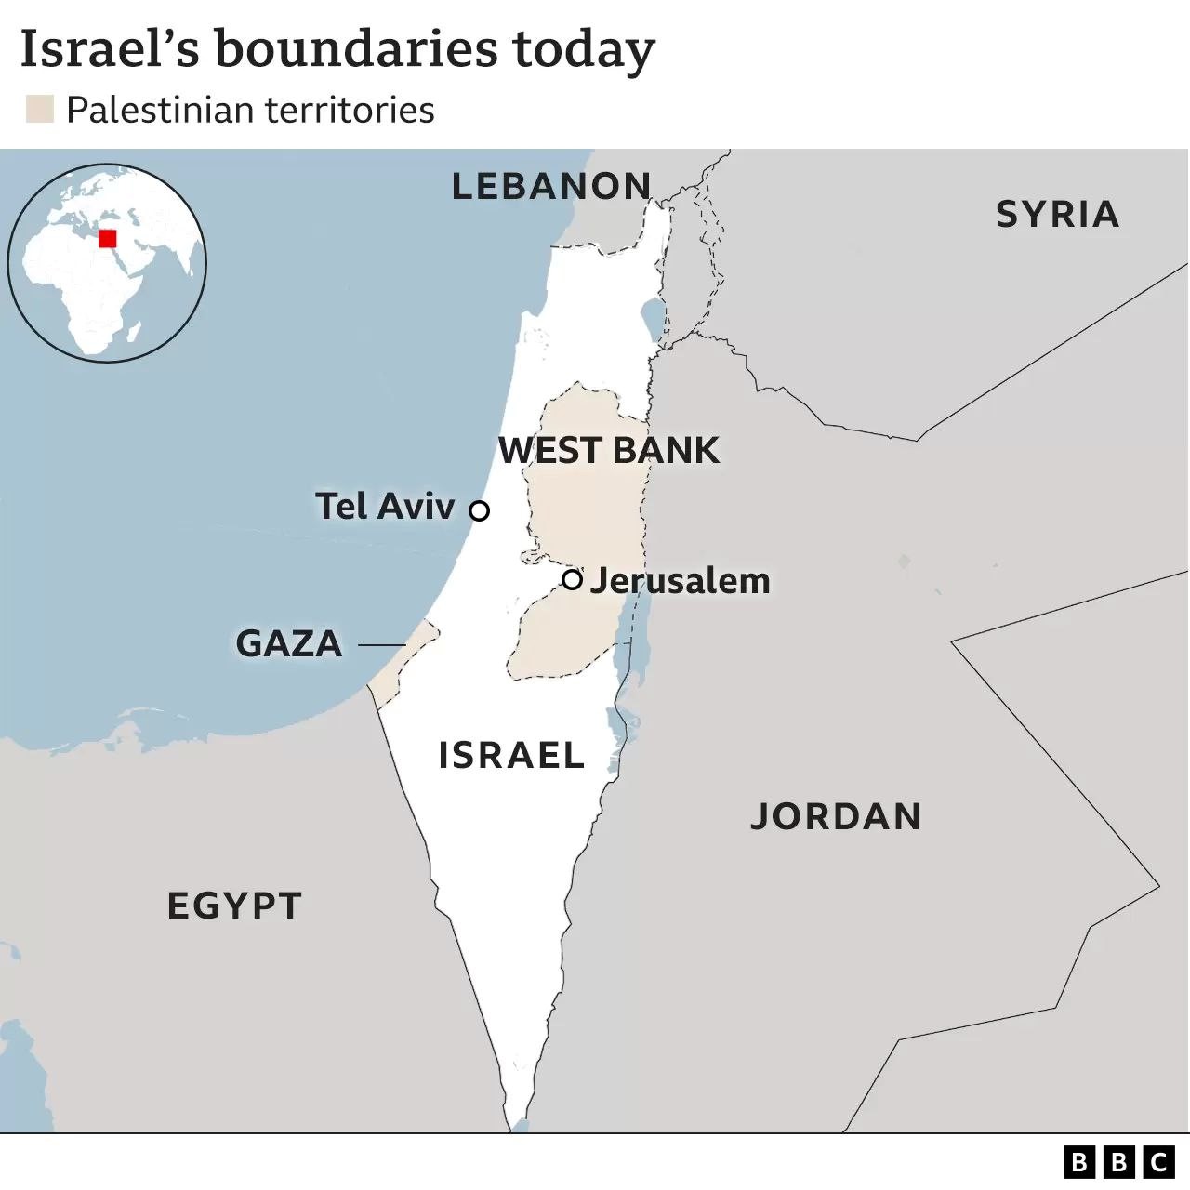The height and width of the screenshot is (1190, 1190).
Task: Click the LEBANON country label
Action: tap(551, 187)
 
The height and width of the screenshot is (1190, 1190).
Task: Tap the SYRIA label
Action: tap(1057, 215)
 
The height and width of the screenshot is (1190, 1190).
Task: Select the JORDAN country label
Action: tap(836, 816)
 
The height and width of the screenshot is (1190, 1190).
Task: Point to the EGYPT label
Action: tap(234, 906)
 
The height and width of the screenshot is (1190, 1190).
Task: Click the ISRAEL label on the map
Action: tap(511, 755)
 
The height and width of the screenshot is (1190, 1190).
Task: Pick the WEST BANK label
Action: tap(609, 451)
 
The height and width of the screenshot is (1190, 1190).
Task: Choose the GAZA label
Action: tap(289, 644)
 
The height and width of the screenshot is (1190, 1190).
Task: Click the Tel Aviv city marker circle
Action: tap(480, 510)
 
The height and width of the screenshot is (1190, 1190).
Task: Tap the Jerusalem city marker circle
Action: tap(573, 579)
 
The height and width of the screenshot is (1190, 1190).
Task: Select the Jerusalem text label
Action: tap(681, 581)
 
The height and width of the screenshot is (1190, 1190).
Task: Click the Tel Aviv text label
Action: tap(385, 507)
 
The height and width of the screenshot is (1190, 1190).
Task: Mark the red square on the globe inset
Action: tap(108, 238)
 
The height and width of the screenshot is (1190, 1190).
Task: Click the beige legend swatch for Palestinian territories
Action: tap(40, 110)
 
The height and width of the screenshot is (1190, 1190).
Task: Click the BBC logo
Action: tap(1119, 1161)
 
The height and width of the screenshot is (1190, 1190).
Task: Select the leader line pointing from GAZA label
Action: tap(382, 644)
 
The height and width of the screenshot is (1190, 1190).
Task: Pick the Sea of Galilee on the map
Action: tap(653, 318)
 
